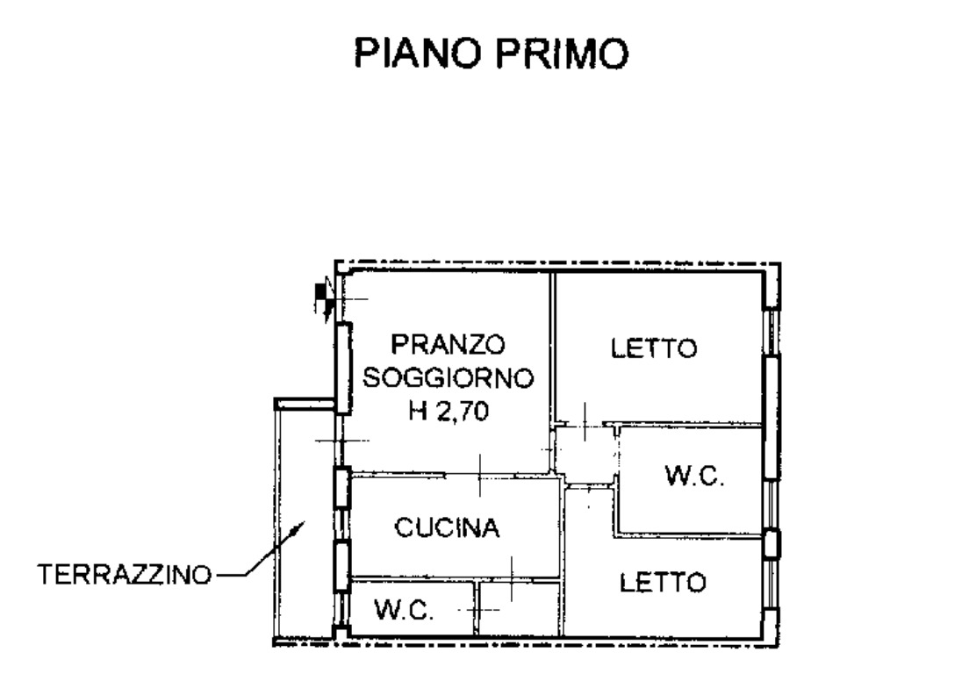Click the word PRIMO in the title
tap(563, 54)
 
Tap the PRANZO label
tap(448, 344)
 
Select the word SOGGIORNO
tap(448, 377)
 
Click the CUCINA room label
tap(447, 527)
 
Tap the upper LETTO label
tap(654, 348)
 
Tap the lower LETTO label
tap(663, 583)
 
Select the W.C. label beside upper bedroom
tap(694, 476)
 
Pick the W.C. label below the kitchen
tap(404, 611)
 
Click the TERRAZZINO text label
tap(125, 575)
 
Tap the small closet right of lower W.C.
tap(519, 608)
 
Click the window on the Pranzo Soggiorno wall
tap(343, 368)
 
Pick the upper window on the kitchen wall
tap(342, 488)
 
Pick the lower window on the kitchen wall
tap(341, 566)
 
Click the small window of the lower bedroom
tap(771, 544)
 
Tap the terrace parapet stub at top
tap(305, 404)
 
